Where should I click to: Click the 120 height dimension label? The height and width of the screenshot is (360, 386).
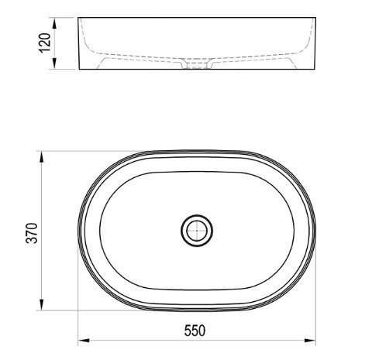(x=46, y=43)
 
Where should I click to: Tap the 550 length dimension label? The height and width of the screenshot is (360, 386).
(x=195, y=331)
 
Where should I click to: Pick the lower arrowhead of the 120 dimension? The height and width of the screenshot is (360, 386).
(x=54, y=67)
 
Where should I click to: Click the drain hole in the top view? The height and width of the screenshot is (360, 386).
(x=197, y=230)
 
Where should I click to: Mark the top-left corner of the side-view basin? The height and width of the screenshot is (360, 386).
(x=79, y=17)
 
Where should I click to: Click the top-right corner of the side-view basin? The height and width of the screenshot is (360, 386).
(x=315, y=17)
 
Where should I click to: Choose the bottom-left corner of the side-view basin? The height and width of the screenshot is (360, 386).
(x=79, y=70)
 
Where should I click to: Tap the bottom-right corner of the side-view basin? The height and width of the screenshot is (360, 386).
(x=315, y=70)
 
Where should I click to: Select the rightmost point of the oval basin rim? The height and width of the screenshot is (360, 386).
(x=315, y=230)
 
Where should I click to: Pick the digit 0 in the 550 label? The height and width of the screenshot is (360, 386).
(x=204, y=331)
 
